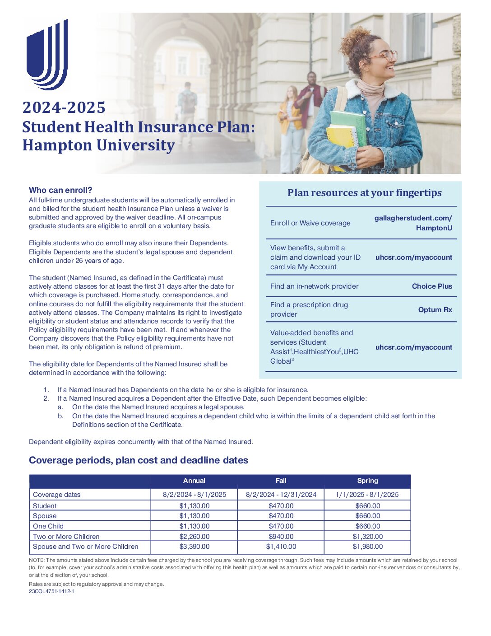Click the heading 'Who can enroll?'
tap(60, 190)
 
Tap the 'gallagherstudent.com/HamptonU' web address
tap(413, 223)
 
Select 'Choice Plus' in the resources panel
tap(432, 286)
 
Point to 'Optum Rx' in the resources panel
tap(435, 310)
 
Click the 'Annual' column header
tap(194, 481)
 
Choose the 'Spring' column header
tap(367, 481)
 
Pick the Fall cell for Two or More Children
tap(281, 537)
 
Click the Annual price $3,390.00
tap(195, 547)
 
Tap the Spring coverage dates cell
tap(367, 495)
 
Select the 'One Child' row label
tap(48, 526)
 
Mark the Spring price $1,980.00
tap(368, 547)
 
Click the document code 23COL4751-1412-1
tap(51, 591)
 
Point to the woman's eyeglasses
tap(384, 56)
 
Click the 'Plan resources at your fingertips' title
tap(365, 193)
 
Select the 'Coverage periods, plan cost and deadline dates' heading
tap(139, 460)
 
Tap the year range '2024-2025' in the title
tap(64, 108)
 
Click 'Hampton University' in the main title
tap(99, 145)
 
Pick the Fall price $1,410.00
tap(281, 547)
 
